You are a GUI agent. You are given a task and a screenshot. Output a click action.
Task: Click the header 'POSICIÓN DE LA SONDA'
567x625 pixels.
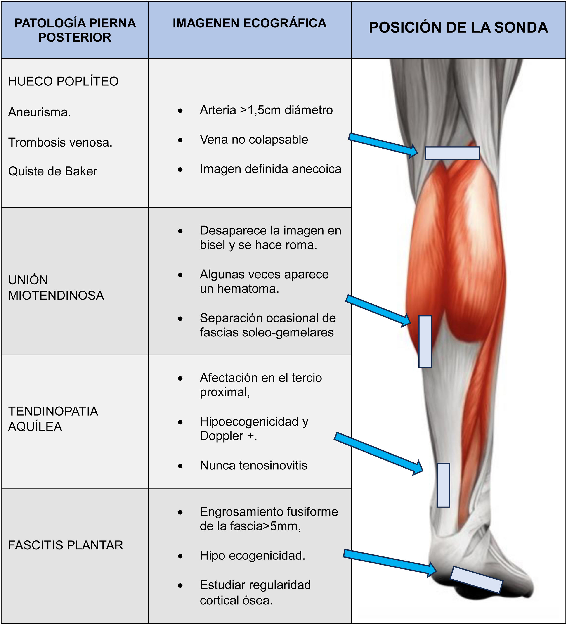(x=458, y=27)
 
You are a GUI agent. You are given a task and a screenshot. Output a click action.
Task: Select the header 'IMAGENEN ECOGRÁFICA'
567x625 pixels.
(x=250, y=23)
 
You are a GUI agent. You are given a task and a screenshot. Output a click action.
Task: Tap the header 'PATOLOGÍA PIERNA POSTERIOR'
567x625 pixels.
(x=75, y=30)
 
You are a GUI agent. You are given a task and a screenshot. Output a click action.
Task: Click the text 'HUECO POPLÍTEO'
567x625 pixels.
(x=63, y=81)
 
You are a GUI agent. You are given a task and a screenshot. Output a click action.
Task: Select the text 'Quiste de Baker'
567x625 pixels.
(x=53, y=171)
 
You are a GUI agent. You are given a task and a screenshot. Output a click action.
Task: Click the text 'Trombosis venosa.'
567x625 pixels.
(x=60, y=142)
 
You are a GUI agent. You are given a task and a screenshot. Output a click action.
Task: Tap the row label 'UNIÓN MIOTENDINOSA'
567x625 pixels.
(x=56, y=288)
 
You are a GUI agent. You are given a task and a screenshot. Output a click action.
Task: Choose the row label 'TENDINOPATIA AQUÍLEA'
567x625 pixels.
(x=53, y=419)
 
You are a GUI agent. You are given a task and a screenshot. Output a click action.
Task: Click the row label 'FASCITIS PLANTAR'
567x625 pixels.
(x=66, y=545)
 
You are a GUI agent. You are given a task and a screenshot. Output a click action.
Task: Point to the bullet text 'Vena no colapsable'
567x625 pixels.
(x=254, y=140)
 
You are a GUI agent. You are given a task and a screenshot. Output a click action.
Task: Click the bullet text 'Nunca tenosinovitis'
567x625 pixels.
(x=254, y=465)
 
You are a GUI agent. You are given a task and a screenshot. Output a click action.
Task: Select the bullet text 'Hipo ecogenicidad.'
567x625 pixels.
(x=252, y=556)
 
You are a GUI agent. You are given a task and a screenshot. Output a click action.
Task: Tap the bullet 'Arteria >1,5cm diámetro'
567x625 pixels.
(x=266, y=110)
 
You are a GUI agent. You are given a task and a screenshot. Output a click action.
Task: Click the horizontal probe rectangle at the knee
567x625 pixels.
(x=452, y=153)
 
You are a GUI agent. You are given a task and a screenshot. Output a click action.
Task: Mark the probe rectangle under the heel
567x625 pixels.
(x=476, y=579)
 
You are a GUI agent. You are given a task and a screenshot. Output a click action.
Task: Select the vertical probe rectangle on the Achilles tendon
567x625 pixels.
(x=443, y=485)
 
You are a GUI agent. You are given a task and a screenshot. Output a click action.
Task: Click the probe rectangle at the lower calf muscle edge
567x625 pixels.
(x=425, y=341)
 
